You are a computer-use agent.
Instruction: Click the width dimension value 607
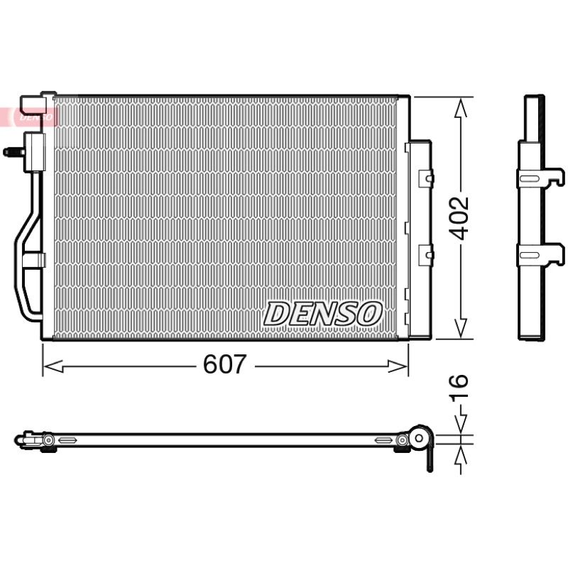[224, 364]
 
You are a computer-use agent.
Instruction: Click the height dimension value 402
[460, 219]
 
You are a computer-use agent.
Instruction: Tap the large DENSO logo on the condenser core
[322, 313]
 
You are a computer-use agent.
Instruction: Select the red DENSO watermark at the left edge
[29, 116]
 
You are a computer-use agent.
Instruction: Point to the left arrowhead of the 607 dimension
[53, 366]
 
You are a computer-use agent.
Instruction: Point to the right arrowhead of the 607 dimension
[398, 366]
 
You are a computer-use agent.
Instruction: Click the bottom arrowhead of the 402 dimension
[460, 329]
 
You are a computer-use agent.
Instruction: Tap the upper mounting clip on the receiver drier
[427, 179]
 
